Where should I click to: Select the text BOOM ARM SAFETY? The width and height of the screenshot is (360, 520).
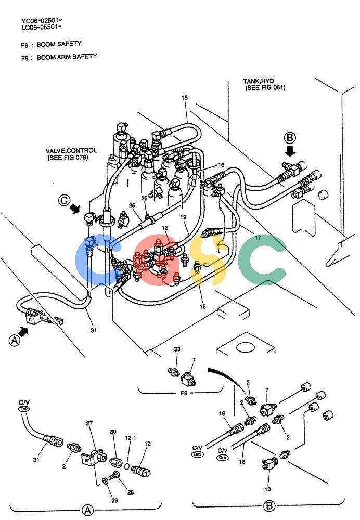(x=67, y=57)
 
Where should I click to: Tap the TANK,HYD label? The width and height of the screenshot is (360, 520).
(x=259, y=81)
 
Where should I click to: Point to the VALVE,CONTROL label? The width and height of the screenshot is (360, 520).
(x=71, y=151)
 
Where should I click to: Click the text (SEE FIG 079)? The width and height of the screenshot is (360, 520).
(x=68, y=158)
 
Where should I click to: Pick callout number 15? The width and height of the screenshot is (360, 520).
(x=185, y=98)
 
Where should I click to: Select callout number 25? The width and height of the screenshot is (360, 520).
(x=132, y=205)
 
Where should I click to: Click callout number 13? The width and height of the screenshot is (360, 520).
(x=165, y=228)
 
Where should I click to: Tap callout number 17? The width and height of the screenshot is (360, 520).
(x=258, y=238)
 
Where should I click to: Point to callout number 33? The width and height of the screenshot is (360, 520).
(x=177, y=349)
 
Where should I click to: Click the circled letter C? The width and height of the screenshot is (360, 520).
(x=64, y=200)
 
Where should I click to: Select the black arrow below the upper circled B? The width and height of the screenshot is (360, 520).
(x=291, y=151)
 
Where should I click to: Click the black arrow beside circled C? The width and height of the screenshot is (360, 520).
(x=75, y=209)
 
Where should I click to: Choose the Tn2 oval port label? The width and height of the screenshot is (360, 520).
(x=24, y=409)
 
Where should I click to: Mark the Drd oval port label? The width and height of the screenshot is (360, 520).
(x=197, y=454)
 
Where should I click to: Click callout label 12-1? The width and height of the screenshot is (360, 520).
(x=131, y=438)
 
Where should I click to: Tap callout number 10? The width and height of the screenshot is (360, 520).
(x=267, y=489)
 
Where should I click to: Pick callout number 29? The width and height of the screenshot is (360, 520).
(x=114, y=500)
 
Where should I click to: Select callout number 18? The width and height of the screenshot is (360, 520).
(x=242, y=462)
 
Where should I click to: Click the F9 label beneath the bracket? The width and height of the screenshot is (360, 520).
(x=184, y=393)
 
